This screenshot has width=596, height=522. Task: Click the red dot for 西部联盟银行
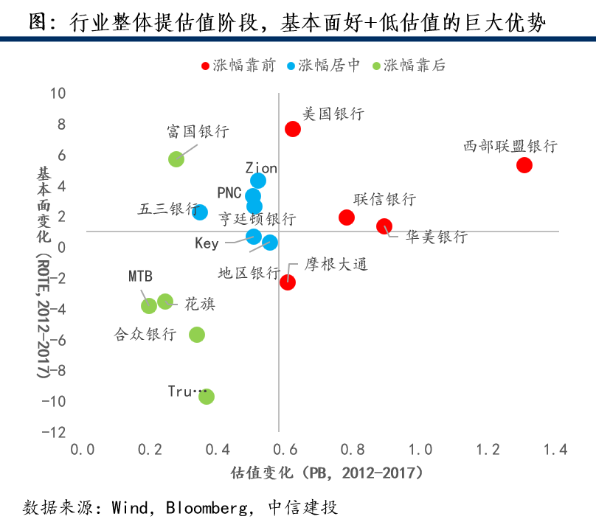point(524,164)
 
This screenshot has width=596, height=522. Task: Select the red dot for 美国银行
point(293,129)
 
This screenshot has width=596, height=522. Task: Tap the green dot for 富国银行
point(176,159)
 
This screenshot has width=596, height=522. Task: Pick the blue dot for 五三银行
point(200,212)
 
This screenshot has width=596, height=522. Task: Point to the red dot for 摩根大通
point(288,282)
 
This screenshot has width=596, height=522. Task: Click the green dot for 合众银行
point(197,335)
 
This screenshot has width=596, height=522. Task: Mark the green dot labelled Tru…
point(207,397)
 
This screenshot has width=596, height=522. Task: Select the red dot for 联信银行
point(347,217)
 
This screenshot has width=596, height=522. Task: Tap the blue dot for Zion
point(258,181)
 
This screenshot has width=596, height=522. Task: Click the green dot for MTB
point(149,305)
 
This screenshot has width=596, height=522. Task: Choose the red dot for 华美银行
point(384,226)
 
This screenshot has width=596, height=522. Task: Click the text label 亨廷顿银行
point(257,220)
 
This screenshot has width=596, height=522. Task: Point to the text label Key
point(207,243)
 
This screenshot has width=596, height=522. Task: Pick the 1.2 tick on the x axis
point(488,449)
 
